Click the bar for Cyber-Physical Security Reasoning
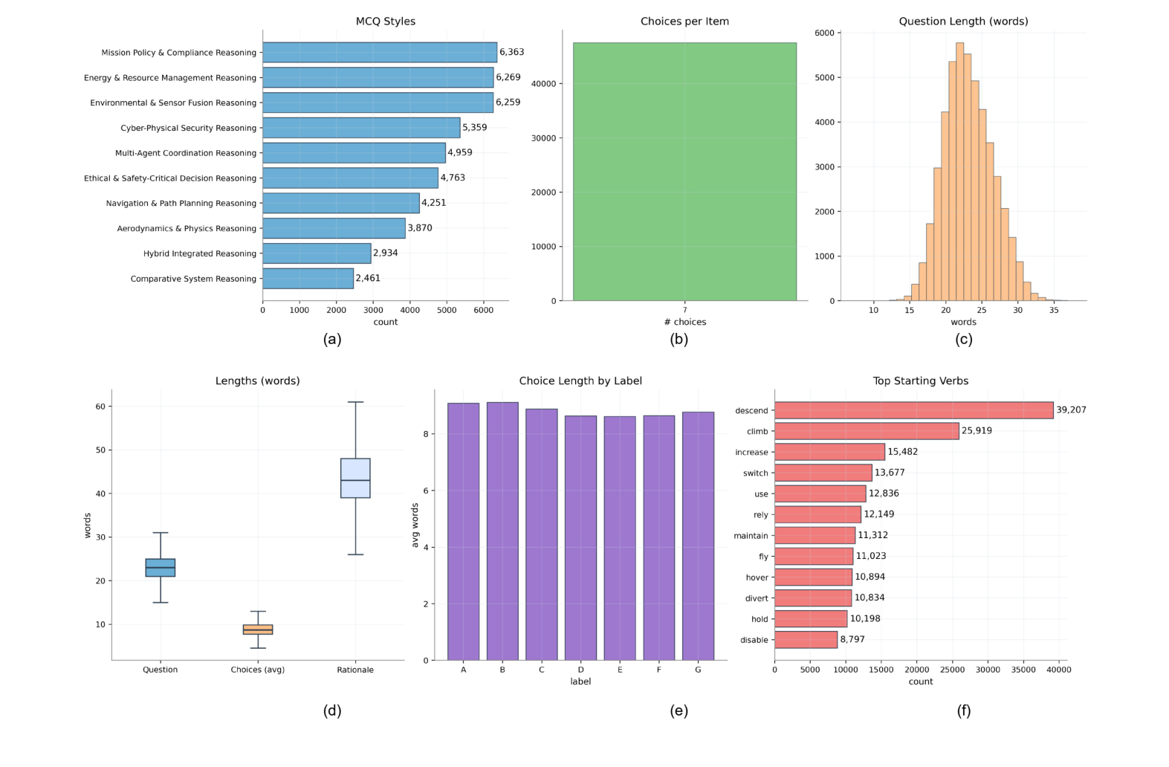coord(361,128)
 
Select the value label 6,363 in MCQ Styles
coord(511,52)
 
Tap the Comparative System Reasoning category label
coord(193,279)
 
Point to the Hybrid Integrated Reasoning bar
coord(317,253)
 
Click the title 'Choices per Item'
coord(684,22)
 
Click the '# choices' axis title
coord(685,322)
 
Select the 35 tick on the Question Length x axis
coord(1054,310)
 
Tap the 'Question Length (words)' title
coord(963,22)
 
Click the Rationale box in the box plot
coord(355,478)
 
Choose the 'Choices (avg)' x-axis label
coord(257,670)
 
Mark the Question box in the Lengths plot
coord(161,568)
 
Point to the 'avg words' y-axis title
coord(415,525)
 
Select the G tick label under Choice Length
coord(698,670)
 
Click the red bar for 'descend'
coord(913,410)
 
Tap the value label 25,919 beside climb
coord(977,431)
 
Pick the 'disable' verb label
coord(754,640)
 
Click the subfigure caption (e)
coord(679,711)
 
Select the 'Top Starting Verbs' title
coord(920,381)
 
